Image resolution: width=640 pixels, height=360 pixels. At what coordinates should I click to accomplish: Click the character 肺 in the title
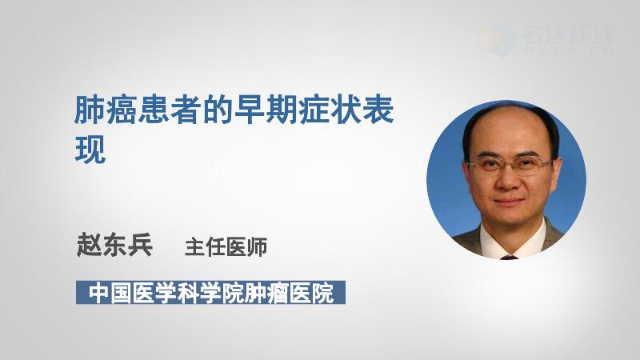coord(90,110)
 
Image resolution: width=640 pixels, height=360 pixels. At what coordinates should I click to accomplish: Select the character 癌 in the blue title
coord(122,110)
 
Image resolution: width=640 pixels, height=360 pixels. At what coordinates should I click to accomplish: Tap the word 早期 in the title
coord(250,110)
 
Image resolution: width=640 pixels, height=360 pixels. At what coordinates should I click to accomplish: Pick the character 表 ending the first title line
coord(378,110)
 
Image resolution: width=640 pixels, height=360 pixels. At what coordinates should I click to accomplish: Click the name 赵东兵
coord(114,245)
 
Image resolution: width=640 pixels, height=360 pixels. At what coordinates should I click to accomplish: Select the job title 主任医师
coord(226,247)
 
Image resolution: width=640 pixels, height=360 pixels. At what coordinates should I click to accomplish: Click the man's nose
coord(508,179)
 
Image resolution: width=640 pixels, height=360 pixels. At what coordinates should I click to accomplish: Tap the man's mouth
coord(509,202)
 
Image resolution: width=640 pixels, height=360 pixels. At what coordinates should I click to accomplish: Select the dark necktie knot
coord(509,258)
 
